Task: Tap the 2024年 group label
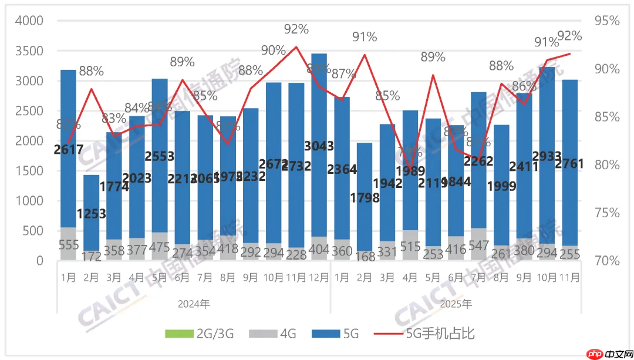194,304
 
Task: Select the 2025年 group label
456,304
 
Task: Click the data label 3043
319,146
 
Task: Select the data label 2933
547,156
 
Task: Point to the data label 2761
569,164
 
